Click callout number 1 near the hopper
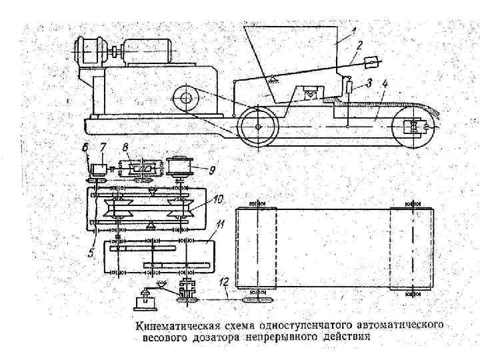[354, 31]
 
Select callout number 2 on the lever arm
[359, 46]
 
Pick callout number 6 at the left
[85, 147]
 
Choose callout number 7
[102, 147]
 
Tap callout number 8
[126, 147]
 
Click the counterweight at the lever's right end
[372, 62]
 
